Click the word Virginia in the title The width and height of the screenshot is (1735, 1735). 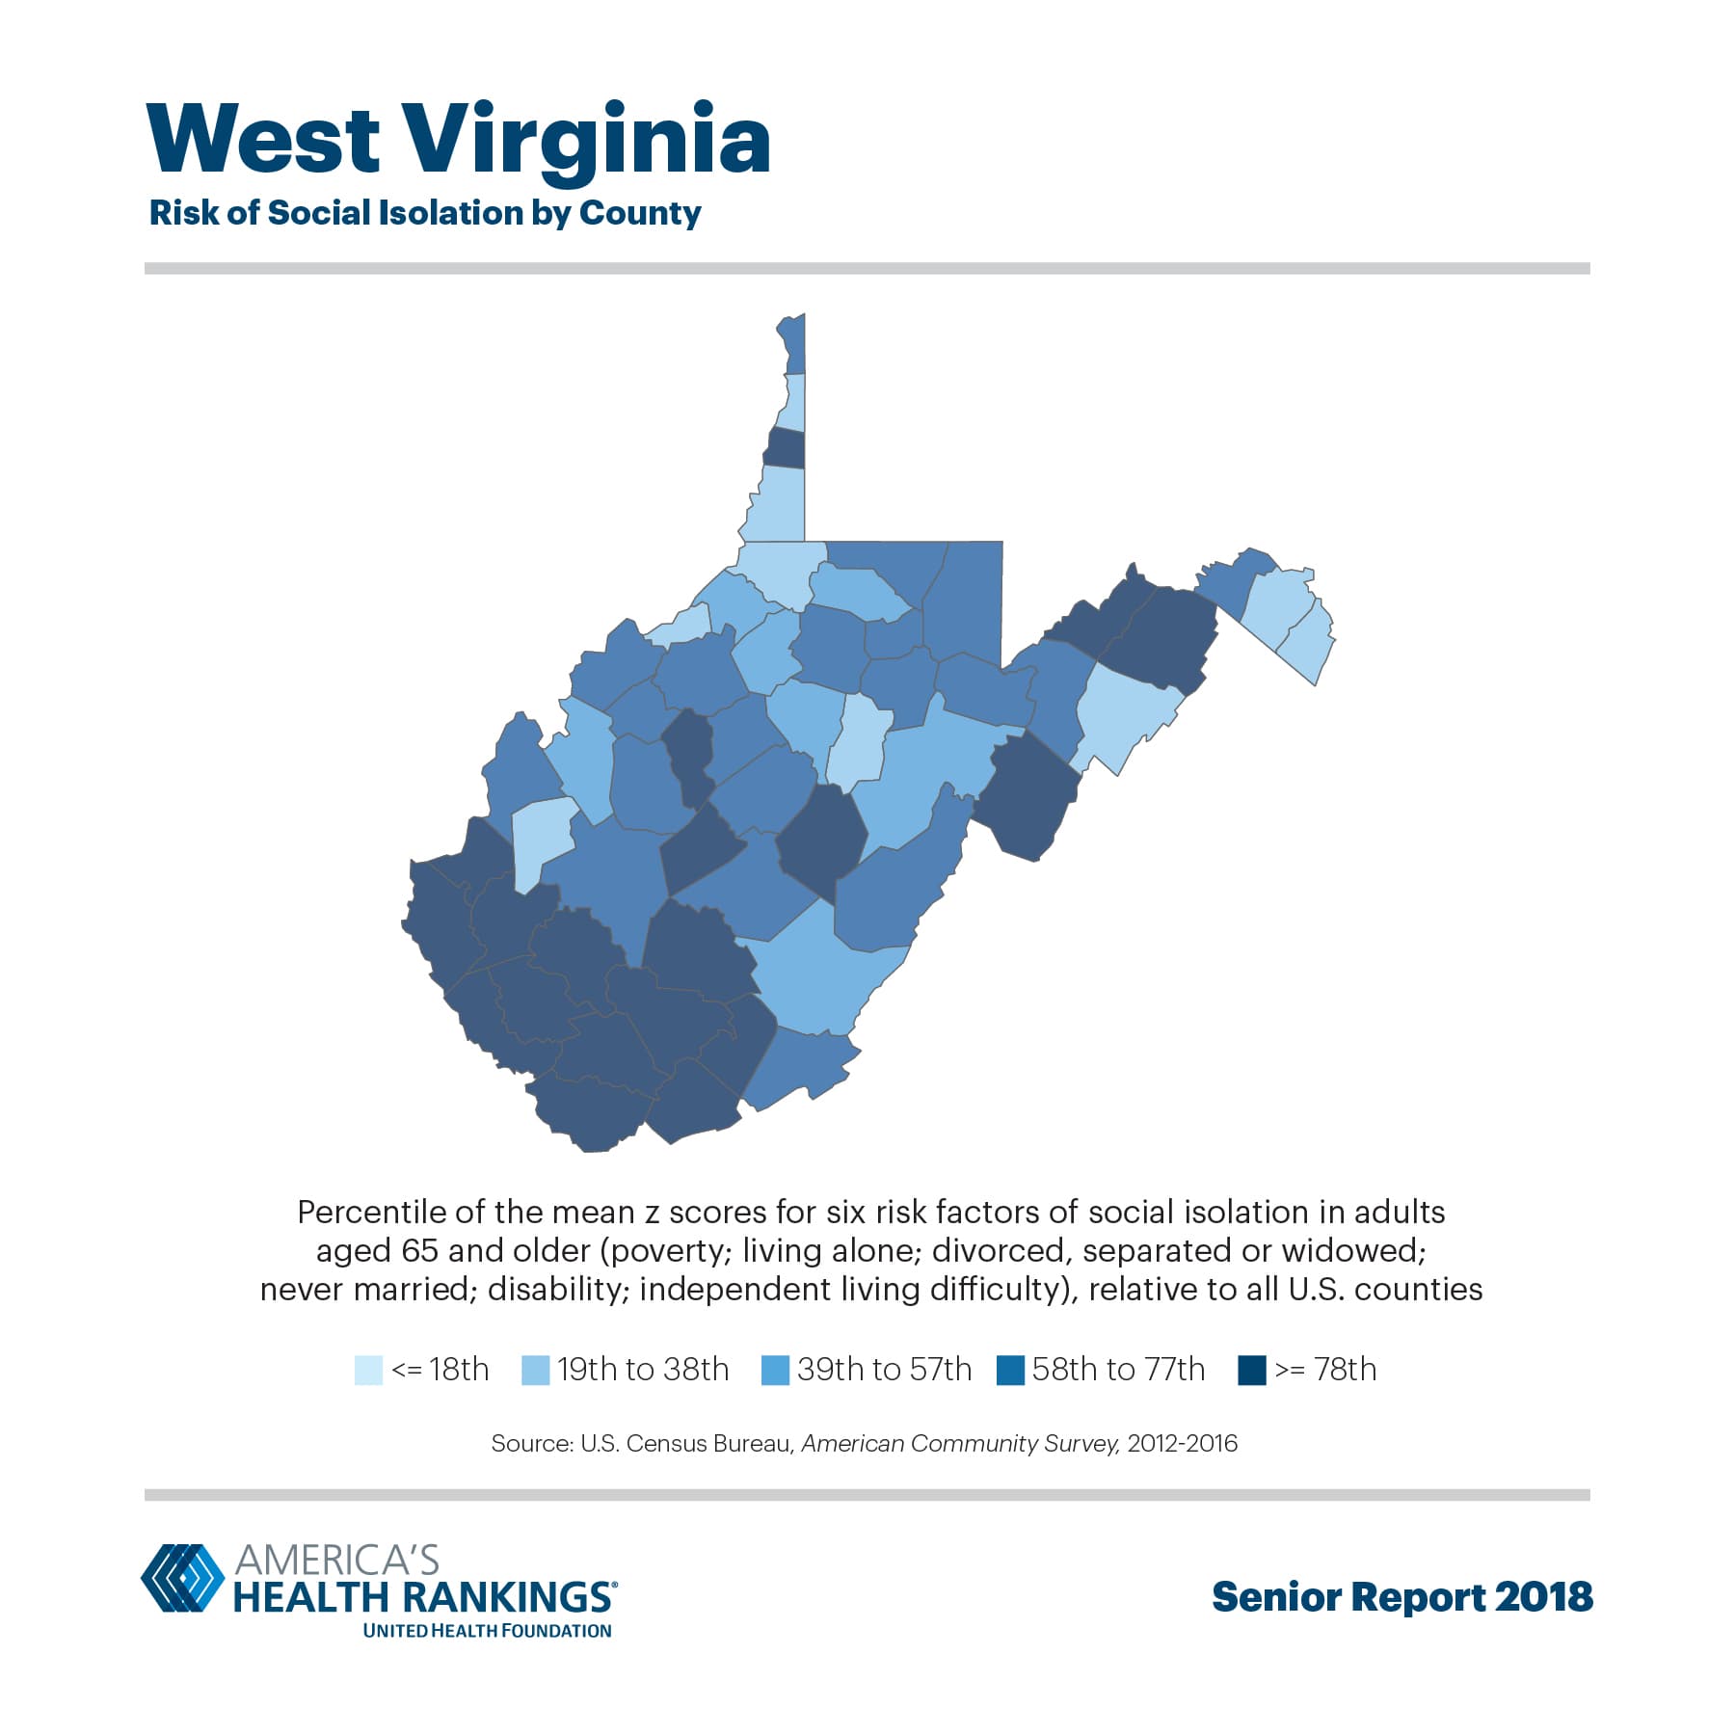[x=586, y=140]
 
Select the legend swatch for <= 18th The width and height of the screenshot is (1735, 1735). [x=368, y=1370]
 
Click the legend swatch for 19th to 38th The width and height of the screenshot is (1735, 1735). [x=535, y=1370]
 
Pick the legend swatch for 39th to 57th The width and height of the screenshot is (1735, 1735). [x=775, y=1370]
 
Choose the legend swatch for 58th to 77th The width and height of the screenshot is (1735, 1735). [x=1010, y=1370]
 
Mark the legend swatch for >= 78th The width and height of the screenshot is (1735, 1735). [x=1251, y=1370]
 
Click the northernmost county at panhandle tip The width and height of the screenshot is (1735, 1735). [x=792, y=342]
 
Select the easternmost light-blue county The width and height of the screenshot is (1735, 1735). [x=1309, y=641]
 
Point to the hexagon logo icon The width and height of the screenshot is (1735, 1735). [x=182, y=1578]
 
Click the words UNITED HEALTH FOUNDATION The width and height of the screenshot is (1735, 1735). [x=487, y=1631]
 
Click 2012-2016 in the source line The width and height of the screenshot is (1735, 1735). [x=1182, y=1444]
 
